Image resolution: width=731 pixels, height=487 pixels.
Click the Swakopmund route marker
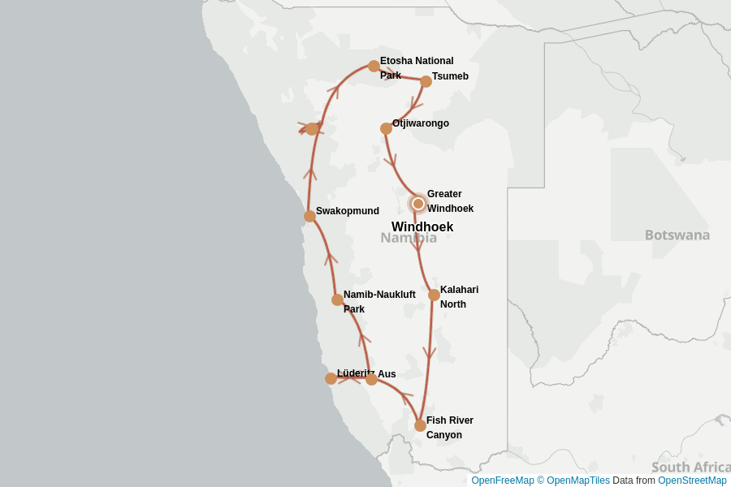309,216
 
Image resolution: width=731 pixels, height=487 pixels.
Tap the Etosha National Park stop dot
374,66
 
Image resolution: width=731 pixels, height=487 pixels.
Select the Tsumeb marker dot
426,81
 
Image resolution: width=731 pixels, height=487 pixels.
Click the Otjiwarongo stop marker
386,128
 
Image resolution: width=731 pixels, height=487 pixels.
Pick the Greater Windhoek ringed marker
418,204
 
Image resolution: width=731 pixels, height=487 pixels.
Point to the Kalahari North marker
434,295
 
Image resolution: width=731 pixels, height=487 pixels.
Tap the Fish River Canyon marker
420,425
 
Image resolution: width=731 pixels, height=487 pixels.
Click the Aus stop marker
371,379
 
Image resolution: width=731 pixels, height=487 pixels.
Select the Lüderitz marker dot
331,378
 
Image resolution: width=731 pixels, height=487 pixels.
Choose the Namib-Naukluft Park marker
337,300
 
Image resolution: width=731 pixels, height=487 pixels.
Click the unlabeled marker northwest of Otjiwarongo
312,128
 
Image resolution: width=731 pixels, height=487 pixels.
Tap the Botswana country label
677,235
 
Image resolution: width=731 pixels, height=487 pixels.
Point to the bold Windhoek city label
422,227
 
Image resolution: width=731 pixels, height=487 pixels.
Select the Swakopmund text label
348,211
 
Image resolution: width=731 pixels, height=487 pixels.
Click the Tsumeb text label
450,76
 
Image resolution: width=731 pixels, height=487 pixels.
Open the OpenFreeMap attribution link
502,481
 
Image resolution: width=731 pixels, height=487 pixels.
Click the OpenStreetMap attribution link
692,481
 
